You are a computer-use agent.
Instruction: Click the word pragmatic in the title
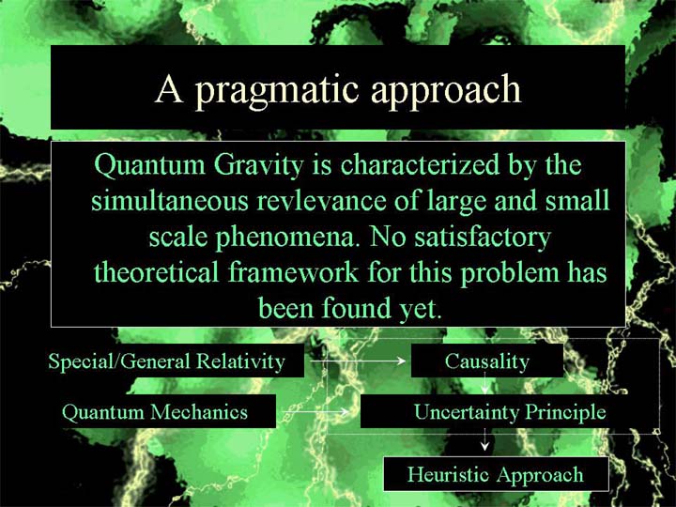277,91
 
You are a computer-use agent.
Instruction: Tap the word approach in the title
446,91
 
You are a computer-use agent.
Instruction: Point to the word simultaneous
170,201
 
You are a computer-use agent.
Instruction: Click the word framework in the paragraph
293,272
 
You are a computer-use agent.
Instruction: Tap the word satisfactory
483,238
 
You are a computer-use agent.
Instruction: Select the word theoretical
156,272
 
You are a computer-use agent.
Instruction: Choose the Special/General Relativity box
167,361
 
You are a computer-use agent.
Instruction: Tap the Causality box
487,361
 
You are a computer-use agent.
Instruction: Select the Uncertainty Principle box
510,411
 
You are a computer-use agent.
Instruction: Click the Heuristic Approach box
496,474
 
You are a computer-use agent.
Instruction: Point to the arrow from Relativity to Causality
358,361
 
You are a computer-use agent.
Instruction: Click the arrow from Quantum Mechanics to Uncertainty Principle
315,412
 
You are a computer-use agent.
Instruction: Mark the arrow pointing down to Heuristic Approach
485,439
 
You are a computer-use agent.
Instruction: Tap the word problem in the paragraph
510,274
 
